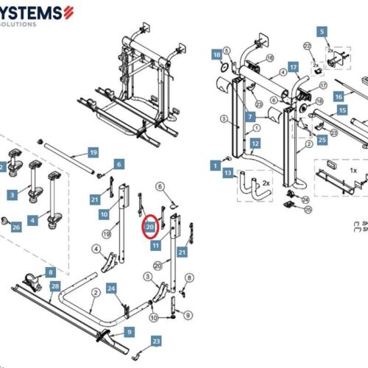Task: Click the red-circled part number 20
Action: point(150,228)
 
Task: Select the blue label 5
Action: point(321,32)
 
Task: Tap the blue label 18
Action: point(216,54)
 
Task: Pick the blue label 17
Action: point(293,68)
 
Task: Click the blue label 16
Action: point(339,96)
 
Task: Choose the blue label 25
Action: point(322,139)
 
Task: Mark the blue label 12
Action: point(255,143)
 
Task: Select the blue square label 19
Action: point(93,152)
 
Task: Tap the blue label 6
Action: point(118,165)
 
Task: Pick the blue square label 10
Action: point(104,214)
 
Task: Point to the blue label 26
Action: point(16,227)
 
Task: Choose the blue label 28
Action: point(54,286)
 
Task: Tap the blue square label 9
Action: point(129,332)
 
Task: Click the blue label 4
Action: point(32,220)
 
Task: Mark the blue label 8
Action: point(51,272)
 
